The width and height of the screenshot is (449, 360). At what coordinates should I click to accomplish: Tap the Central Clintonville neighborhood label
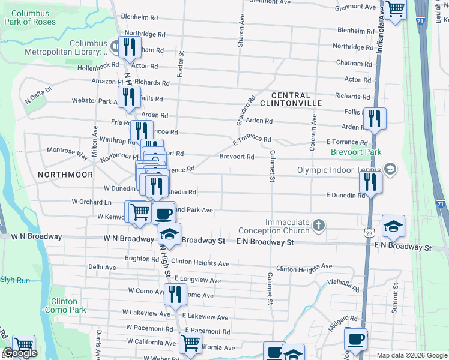tap(291, 99)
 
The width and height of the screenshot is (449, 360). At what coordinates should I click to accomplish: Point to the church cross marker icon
tap(319, 226)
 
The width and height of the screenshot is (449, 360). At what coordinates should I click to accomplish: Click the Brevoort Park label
tap(356, 152)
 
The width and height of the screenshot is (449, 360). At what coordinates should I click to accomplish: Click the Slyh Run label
tap(15, 280)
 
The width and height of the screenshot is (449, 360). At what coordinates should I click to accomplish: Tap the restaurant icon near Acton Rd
tap(130, 47)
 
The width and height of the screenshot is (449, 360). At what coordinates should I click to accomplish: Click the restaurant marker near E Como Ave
tap(175, 295)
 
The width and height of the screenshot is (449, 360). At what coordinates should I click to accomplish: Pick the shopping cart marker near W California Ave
tap(191, 343)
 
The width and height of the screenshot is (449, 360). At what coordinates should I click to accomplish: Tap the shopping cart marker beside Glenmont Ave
tap(396, 10)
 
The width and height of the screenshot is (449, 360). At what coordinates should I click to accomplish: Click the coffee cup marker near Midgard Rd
tap(357, 339)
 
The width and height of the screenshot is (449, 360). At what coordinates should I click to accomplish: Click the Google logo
tap(20, 353)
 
